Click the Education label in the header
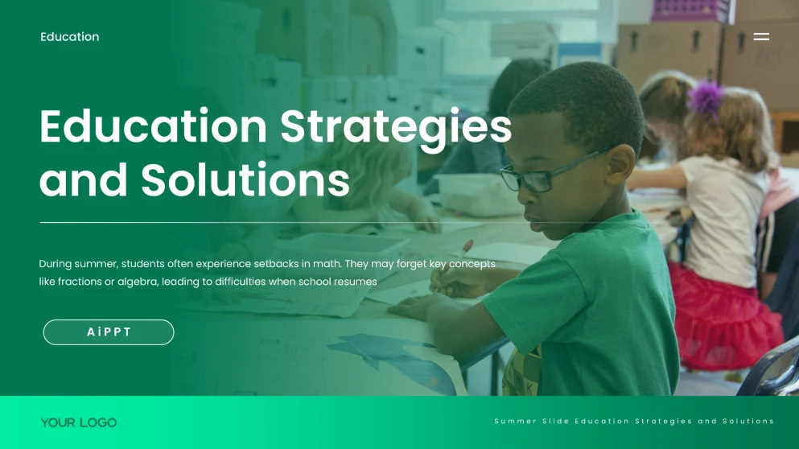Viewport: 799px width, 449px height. point(70,37)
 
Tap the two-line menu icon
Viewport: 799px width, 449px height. point(761,36)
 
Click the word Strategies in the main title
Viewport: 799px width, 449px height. point(395,127)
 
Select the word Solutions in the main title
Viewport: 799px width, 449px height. point(245,180)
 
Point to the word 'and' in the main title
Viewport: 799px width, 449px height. point(84,180)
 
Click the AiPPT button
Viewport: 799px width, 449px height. point(109,332)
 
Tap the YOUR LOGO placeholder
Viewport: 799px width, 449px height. point(79,422)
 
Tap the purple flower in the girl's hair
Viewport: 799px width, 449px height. point(707,97)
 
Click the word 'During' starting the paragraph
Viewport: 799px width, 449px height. point(56,264)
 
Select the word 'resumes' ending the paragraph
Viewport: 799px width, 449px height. point(356,282)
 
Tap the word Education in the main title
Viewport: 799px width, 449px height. point(153,127)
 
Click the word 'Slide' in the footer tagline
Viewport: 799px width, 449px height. point(555,422)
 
